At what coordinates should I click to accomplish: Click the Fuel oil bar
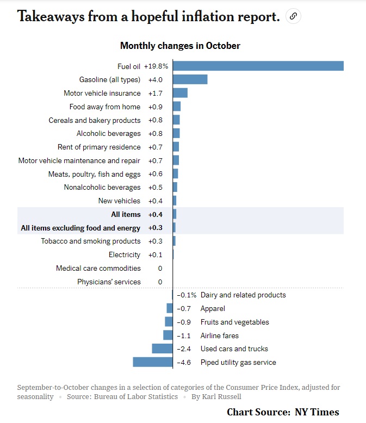click(258, 66)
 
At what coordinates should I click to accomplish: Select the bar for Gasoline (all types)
click(190, 79)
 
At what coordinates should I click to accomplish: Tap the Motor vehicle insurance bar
click(180, 93)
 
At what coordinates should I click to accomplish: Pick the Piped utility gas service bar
click(153, 362)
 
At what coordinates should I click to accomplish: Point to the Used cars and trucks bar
click(162, 349)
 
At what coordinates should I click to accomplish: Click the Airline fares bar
click(168, 335)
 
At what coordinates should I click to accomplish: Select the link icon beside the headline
click(293, 16)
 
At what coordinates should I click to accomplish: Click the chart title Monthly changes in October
click(180, 46)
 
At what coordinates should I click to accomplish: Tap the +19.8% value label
click(156, 66)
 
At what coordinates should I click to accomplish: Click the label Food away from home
click(105, 107)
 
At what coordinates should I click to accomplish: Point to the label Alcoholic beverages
click(108, 133)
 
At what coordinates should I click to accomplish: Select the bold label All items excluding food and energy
click(80, 228)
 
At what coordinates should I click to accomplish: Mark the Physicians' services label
click(109, 282)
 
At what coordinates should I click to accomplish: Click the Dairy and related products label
click(243, 295)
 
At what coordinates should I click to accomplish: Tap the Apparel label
click(213, 308)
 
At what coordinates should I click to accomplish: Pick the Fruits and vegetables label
click(235, 322)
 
